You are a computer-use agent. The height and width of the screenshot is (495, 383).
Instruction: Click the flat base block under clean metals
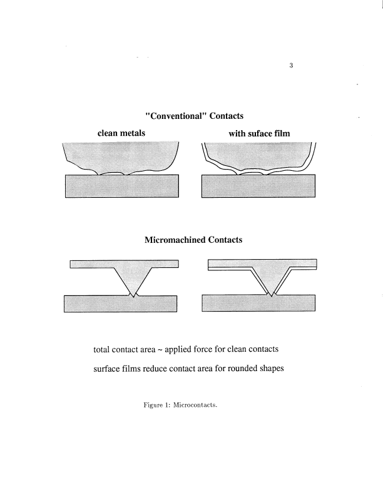pyautogui.click(x=122, y=186)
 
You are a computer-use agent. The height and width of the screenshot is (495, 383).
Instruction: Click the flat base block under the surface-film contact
pyautogui.click(x=258, y=186)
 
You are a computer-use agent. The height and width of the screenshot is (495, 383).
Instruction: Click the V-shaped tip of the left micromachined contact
pyautogui.click(x=131, y=294)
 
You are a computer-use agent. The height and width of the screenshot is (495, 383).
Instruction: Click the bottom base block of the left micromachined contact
pyautogui.click(x=121, y=304)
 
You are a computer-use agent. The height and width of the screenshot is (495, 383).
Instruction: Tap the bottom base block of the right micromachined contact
pyautogui.click(x=258, y=304)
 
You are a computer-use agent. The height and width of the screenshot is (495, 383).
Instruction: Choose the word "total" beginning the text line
pyautogui.click(x=102, y=349)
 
